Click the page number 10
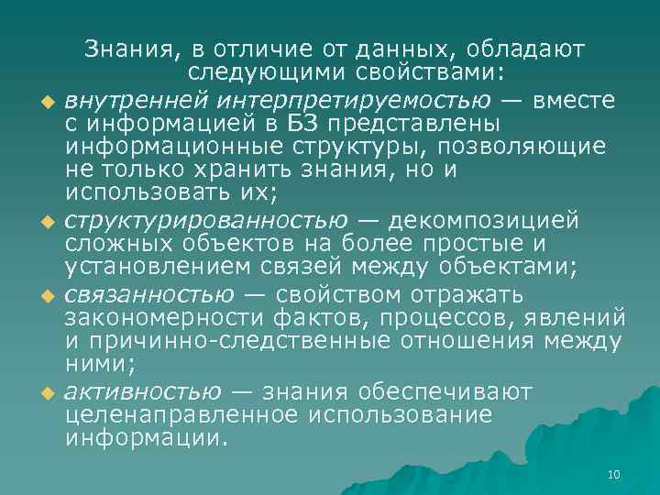(x=614, y=474)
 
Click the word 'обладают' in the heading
(x=531, y=49)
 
